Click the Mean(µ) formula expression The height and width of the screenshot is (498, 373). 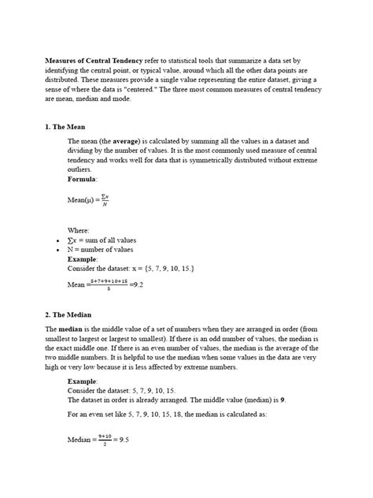89,200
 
